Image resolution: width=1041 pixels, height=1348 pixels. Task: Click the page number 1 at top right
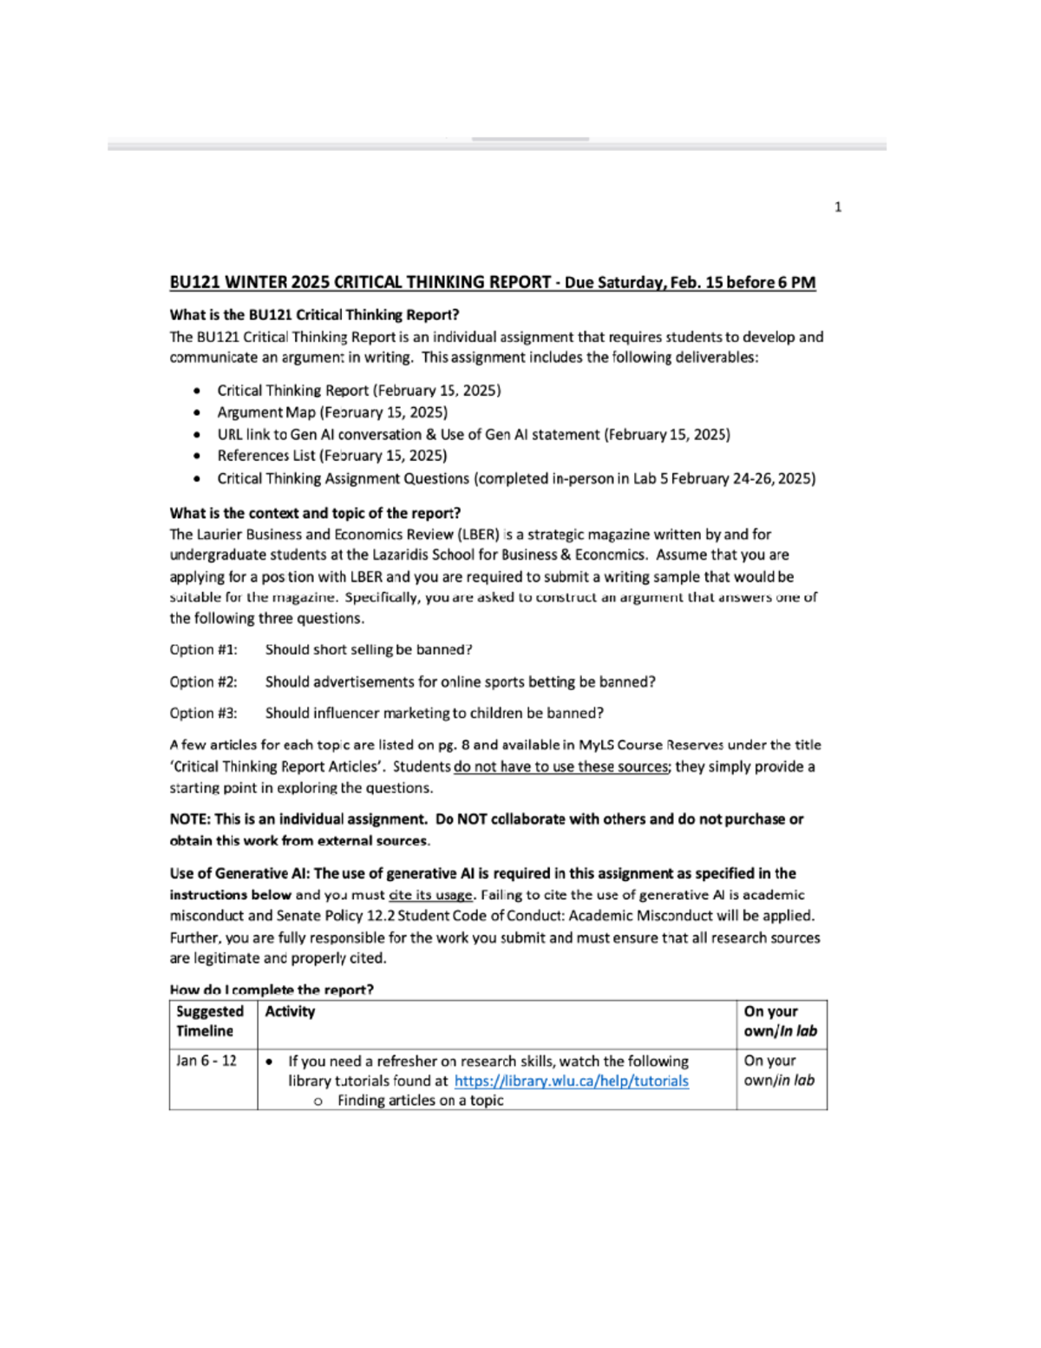pos(837,207)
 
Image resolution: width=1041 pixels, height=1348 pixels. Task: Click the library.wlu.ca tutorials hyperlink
pos(571,1081)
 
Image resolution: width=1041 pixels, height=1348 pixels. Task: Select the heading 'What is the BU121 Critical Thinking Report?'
pos(314,314)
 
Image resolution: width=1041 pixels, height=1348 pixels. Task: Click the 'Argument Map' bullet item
pos(331,412)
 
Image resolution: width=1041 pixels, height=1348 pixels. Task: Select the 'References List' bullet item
pos(331,455)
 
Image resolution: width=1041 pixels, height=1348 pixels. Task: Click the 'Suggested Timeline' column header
pos(210,1021)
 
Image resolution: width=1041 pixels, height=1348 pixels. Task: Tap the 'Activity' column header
pos(290,1011)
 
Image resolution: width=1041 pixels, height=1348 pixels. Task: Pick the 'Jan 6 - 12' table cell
pos(206,1061)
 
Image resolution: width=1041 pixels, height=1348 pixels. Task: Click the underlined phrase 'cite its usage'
pos(431,895)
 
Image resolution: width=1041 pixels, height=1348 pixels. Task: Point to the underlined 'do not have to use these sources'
pos(560,766)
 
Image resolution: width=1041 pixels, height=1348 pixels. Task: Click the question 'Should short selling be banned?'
pos(369,649)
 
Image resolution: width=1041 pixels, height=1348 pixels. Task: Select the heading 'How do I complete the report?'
pos(272,990)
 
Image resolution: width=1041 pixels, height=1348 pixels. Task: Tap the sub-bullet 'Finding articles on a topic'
pos(420,1100)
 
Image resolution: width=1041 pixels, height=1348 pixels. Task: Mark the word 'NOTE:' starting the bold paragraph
pos(189,819)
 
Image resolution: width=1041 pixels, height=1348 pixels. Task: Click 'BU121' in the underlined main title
pos(195,282)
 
